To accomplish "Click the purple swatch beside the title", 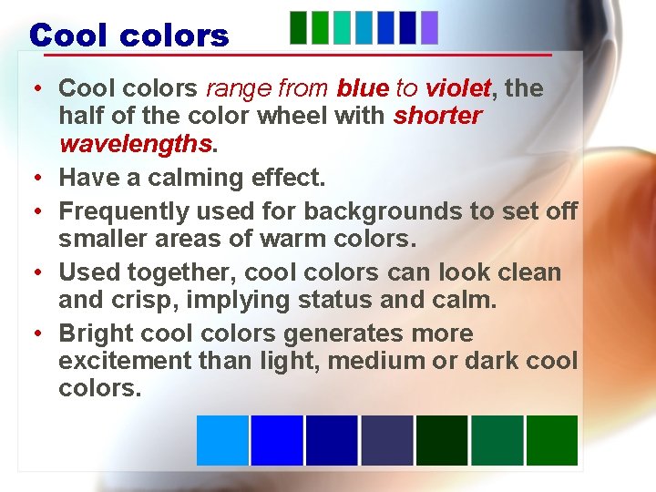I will (x=429, y=27).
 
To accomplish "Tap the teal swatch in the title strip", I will (x=342, y=27).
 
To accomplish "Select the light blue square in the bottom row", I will (x=222, y=440).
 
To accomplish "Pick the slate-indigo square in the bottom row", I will (x=387, y=440).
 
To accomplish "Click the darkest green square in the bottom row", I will (x=442, y=440).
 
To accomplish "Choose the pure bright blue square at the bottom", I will (x=277, y=440).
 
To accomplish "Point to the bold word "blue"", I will (x=363, y=88).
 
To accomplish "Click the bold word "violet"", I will (x=457, y=88).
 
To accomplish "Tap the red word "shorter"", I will (x=437, y=117).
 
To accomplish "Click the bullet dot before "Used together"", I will (x=32, y=272).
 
